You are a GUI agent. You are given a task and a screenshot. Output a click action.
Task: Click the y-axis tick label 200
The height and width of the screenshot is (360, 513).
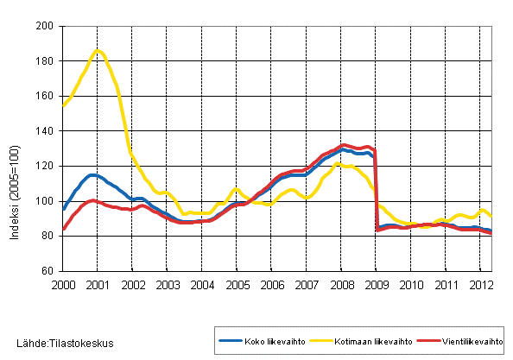pos(48,27)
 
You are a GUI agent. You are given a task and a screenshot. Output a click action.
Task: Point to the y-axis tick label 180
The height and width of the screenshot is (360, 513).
pos(48,61)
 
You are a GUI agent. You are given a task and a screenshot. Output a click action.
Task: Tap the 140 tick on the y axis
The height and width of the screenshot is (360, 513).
pos(48,131)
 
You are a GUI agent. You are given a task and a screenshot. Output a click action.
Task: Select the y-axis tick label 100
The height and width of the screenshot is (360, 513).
pos(48,201)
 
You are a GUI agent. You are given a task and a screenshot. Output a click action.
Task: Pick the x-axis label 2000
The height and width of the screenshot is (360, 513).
pos(62,284)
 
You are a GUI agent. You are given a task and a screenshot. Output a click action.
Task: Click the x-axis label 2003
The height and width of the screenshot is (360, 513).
pos(167,284)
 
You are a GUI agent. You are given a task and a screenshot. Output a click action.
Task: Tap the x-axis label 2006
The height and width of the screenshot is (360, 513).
pos(272,284)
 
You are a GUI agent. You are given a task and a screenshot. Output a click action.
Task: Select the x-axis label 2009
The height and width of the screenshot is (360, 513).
pos(377,284)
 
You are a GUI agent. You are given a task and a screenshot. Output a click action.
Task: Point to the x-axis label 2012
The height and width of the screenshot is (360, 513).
pos(481,284)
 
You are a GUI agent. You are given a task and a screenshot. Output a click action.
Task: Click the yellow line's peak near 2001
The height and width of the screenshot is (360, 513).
pos(98,51)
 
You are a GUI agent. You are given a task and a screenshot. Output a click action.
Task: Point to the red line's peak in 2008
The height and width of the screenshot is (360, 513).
pos(345,145)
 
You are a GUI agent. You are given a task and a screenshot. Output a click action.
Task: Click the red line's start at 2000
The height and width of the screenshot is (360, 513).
pos(63,230)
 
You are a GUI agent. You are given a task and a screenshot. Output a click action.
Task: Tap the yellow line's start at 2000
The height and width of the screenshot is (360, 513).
pos(63,105)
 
